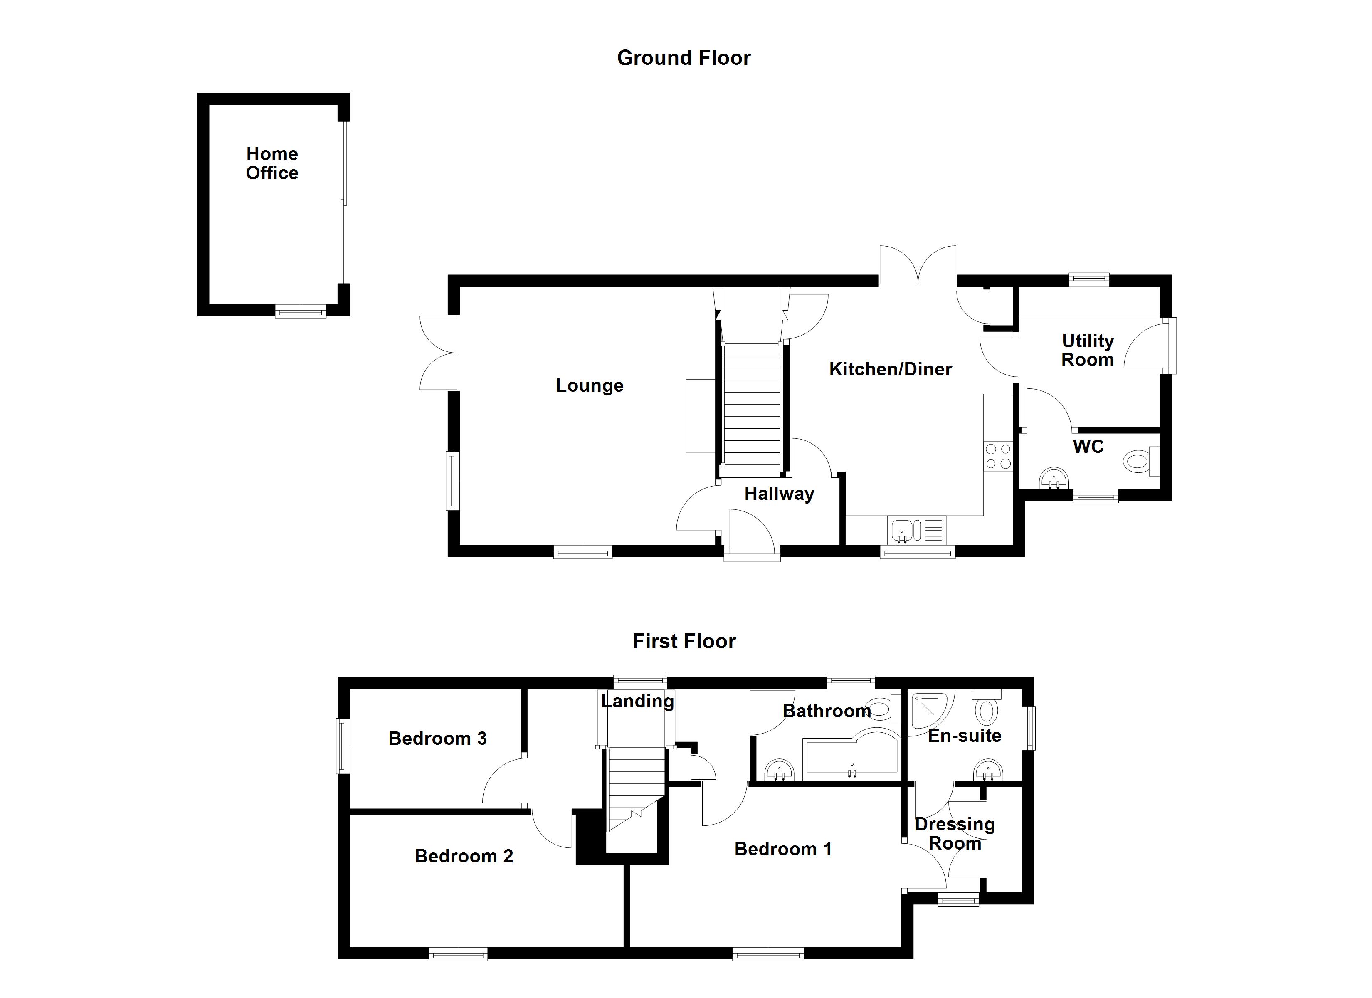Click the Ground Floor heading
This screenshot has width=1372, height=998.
click(684, 58)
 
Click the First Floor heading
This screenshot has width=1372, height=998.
click(684, 642)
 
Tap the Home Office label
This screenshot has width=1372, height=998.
click(272, 163)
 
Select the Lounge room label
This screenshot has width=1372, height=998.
click(589, 385)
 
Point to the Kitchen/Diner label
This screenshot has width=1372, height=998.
click(890, 369)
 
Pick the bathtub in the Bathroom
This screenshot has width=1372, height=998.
click(850, 757)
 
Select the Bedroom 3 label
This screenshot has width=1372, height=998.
click(437, 739)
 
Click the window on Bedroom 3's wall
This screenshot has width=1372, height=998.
click(343, 746)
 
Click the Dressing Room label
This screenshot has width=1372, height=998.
click(955, 833)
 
